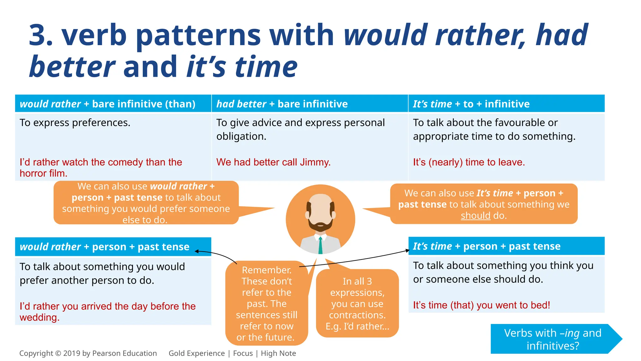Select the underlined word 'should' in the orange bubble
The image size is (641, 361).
click(475, 216)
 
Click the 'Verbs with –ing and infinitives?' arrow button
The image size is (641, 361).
click(553, 339)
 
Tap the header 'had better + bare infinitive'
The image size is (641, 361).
click(282, 104)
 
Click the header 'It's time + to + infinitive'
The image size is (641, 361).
click(471, 104)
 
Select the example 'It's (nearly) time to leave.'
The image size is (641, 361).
click(469, 162)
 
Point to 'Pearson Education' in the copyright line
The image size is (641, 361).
click(124, 353)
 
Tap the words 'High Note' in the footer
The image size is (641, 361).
click(278, 353)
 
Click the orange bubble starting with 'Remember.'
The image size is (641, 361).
click(266, 303)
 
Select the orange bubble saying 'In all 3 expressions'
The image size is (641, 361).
click(357, 303)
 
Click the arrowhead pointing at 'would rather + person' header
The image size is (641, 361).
click(197, 251)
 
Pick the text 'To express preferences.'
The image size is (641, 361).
click(75, 123)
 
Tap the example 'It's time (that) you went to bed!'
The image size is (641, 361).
click(481, 305)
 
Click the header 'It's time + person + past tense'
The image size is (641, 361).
click(486, 246)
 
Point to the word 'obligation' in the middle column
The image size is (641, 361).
click(240, 137)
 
